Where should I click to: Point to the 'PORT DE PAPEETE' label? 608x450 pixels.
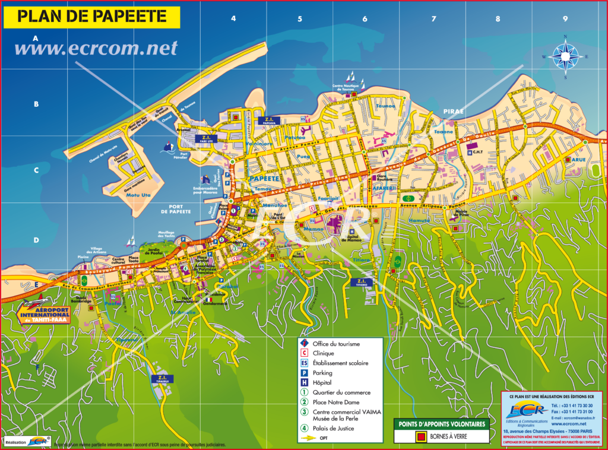click(175, 208)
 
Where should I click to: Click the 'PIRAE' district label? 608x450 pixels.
click(452, 111)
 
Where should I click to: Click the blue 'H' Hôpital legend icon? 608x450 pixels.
click(304, 382)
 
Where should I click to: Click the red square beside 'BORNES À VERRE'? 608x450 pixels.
click(421, 437)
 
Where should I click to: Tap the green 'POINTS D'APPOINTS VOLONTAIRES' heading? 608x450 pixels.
click(441, 424)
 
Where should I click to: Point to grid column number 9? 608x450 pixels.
click(565, 19)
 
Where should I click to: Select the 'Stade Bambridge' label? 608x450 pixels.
click(82, 300)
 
